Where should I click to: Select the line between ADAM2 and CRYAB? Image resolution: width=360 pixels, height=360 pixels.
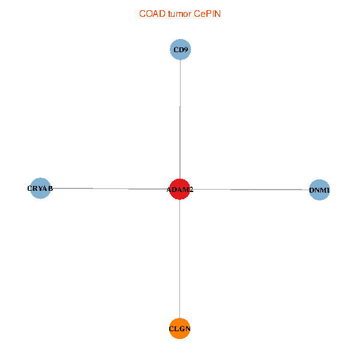pos(108,188)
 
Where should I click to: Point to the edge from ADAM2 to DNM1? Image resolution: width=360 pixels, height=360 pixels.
pos(252,190)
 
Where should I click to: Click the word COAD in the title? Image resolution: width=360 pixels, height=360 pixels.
pos(150,13)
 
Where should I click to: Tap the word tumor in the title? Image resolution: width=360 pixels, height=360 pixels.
pos(179,13)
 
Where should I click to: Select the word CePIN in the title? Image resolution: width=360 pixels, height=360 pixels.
pos(207,13)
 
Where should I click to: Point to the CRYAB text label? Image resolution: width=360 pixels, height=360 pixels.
pos(40,188)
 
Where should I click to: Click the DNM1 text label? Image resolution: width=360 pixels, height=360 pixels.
pos(319,191)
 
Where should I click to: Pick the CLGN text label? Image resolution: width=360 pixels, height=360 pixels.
pos(180,329)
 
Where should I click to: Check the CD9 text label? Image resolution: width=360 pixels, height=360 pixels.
pos(181,50)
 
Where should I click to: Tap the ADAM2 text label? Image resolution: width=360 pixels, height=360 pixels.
pos(180,190)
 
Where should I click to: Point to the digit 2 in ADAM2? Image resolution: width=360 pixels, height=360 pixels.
pos(191,190)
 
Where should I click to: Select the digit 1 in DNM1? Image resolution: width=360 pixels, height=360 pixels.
pos(328,191)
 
